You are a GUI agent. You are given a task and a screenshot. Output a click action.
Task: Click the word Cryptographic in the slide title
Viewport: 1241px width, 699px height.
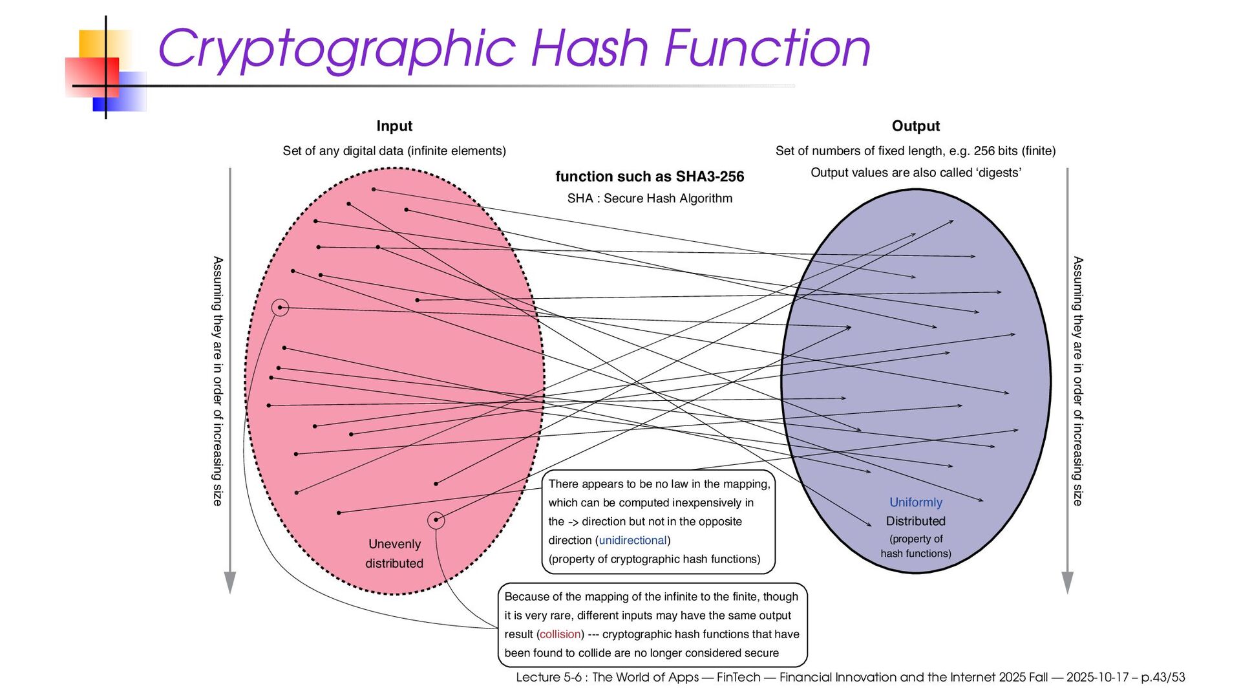336,49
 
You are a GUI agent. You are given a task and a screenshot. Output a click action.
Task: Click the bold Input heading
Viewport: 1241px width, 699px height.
394,126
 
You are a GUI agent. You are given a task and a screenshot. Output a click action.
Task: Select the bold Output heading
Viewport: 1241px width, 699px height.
915,126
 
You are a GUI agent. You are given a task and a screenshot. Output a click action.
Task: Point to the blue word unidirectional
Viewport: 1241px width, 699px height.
632,540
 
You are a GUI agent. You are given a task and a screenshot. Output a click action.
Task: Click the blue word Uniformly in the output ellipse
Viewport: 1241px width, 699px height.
915,502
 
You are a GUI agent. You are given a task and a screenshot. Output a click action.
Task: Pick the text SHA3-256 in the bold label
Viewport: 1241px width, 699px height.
710,177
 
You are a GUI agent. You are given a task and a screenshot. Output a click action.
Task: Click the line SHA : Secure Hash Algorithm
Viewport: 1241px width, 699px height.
650,199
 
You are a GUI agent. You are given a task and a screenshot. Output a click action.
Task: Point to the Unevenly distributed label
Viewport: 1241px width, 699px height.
394,554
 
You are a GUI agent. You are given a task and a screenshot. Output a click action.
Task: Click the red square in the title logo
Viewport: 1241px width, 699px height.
92,76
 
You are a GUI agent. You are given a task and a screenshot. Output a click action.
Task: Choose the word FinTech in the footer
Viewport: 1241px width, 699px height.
738,677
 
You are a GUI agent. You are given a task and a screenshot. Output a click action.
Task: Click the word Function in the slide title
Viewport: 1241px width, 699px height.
767,49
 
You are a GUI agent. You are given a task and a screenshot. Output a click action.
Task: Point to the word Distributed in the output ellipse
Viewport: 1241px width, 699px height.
915,521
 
